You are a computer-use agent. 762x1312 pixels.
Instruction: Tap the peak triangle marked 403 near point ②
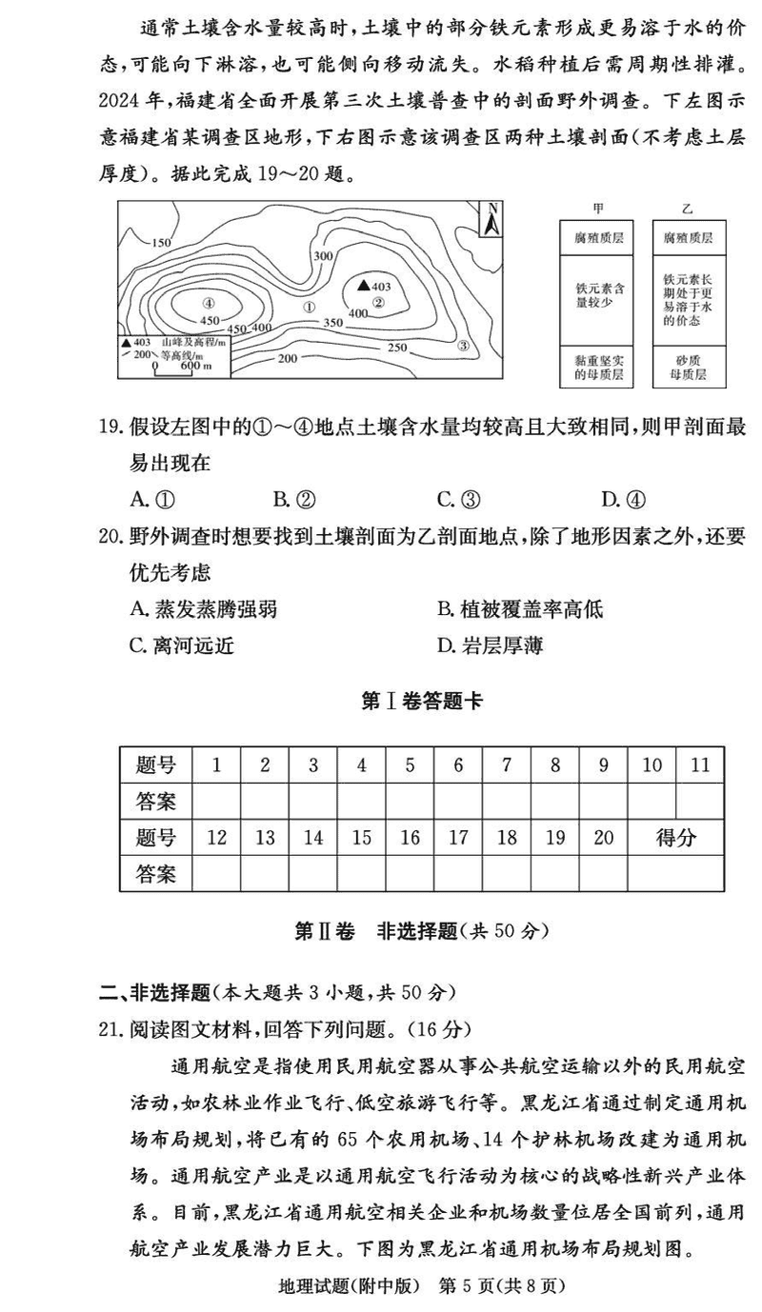(363, 285)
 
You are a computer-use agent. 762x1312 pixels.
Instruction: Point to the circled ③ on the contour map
(463, 346)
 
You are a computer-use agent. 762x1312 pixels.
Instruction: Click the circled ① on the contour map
(308, 307)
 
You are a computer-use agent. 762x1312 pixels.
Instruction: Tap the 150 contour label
(160, 242)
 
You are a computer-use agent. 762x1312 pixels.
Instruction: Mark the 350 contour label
(332, 323)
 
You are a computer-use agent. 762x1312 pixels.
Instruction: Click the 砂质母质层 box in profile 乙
(689, 368)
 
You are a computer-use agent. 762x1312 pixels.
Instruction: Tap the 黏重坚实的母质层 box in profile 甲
(598, 368)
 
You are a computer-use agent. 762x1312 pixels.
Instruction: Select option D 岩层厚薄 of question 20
(490, 646)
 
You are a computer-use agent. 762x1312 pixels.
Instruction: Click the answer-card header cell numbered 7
(507, 764)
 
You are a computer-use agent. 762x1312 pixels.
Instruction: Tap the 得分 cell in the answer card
(676, 837)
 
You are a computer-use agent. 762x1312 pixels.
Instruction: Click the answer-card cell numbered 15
(362, 837)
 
